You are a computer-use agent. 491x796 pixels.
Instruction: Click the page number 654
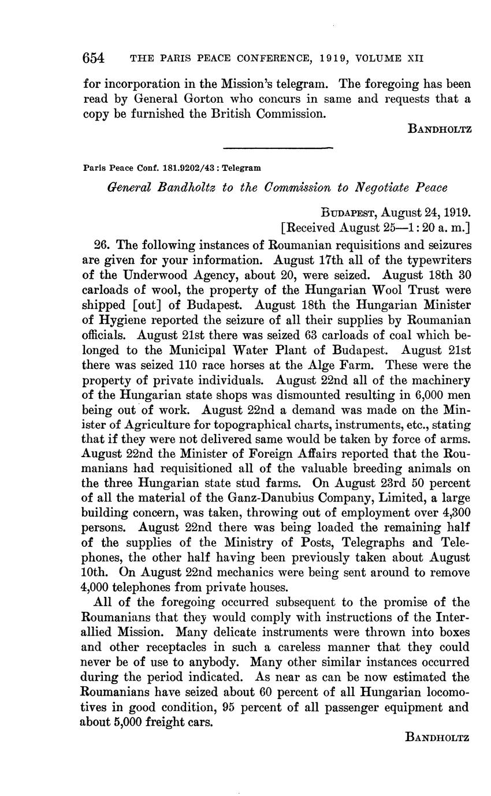tap(93, 58)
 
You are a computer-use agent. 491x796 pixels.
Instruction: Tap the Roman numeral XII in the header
tap(416, 59)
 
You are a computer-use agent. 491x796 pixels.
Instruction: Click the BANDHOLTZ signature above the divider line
tap(440, 129)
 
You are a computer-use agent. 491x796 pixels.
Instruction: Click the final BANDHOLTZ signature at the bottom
tap(440, 737)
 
